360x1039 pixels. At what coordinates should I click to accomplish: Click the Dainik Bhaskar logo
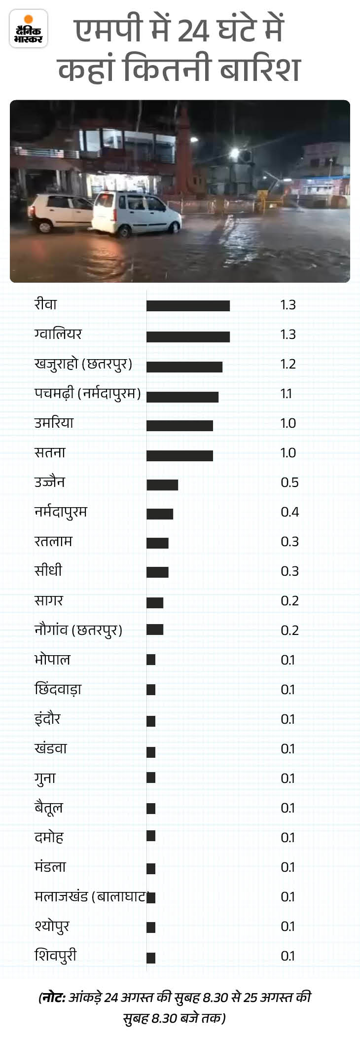[x=29, y=29]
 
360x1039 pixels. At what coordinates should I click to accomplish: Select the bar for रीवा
[x=188, y=306]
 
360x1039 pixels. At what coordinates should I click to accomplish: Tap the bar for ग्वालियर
[x=188, y=336]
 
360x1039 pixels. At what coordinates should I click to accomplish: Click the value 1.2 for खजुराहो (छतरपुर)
[x=288, y=364]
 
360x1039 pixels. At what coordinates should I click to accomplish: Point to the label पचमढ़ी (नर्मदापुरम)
[x=88, y=394]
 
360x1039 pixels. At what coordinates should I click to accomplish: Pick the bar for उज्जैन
[x=162, y=484]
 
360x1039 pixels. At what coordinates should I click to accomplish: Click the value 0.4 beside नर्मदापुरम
[x=290, y=512]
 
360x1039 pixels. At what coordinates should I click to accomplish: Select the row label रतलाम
[x=53, y=541]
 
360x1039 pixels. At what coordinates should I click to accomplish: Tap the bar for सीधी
[x=157, y=572]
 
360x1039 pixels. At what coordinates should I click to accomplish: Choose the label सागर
[x=49, y=600]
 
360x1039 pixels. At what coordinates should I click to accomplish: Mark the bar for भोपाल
[x=151, y=660]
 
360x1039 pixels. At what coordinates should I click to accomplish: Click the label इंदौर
[x=47, y=719]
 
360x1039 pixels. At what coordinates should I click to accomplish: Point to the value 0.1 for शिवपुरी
[x=288, y=956]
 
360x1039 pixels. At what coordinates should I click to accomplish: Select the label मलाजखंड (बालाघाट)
[x=91, y=896]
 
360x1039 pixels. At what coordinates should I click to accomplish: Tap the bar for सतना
[x=180, y=455]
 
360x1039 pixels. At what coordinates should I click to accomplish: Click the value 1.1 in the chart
[x=286, y=394]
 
